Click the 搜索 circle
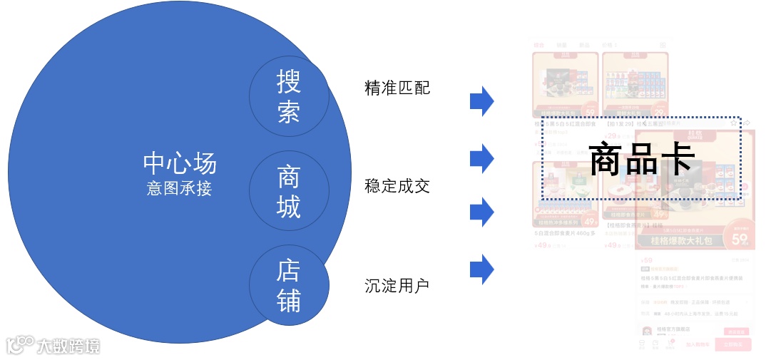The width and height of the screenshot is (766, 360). click(x=289, y=96)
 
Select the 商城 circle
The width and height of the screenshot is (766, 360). click(x=289, y=191)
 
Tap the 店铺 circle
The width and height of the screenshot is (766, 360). click(x=289, y=285)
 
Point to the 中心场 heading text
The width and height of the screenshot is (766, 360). click(x=179, y=163)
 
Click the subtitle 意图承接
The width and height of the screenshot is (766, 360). click(x=179, y=189)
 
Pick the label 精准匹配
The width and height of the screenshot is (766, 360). click(x=397, y=88)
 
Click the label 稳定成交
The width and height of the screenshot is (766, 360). click(x=397, y=187)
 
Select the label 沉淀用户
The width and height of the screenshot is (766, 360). click(x=397, y=286)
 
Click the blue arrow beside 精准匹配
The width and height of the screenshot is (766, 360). click(x=481, y=101)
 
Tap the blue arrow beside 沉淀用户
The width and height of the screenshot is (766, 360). click(x=481, y=269)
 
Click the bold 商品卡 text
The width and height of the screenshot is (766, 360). click(x=641, y=159)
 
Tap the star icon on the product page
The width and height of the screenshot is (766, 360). click(x=733, y=123)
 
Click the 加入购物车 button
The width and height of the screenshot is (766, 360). click(x=698, y=344)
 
